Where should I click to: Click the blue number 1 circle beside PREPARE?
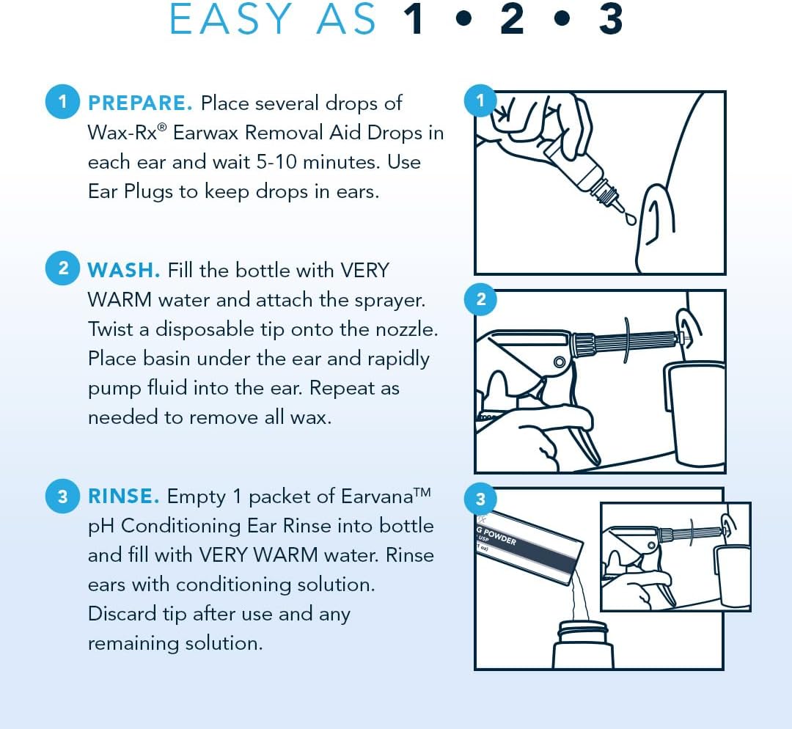62,101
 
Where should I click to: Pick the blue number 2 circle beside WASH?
62,268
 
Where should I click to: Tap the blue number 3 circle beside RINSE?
62,496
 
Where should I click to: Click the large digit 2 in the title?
511,19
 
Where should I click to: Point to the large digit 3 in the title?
610,19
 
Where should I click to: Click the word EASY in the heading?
230,19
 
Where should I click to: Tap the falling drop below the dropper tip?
630,219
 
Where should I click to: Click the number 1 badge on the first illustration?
480,100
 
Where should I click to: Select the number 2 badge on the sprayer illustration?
480,299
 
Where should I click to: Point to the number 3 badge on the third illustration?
480,499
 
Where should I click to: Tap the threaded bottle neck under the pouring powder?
583,632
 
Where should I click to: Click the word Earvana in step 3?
377,497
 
